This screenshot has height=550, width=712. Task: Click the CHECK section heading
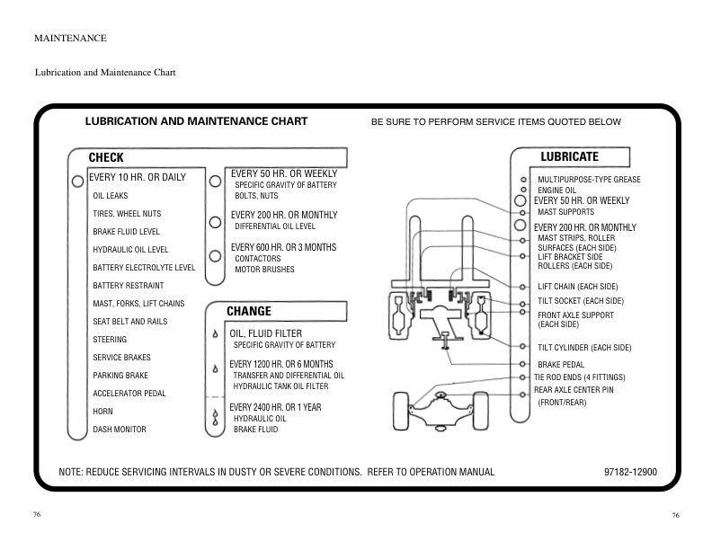click(106, 158)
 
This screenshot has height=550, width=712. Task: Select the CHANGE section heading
click(249, 312)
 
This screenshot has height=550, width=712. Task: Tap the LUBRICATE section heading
click(569, 157)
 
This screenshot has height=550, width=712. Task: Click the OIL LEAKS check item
click(111, 196)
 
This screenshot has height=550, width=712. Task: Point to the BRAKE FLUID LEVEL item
click(126, 232)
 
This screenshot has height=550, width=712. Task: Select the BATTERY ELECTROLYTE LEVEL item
click(144, 268)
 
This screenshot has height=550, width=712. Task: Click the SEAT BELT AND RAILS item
click(130, 322)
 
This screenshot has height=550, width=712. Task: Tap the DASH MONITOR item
click(120, 430)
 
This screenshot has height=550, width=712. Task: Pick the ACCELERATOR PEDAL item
click(129, 394)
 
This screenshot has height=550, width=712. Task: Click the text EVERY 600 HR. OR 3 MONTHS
click(283, 247)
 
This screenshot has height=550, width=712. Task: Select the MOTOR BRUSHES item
click(264, 270)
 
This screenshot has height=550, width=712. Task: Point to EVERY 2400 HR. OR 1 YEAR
click(276, 407)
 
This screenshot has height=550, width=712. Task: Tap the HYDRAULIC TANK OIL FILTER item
click(280, 386)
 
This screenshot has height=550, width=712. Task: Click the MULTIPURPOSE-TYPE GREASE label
click(589, 180)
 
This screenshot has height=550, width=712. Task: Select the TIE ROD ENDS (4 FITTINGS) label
click(580, 377)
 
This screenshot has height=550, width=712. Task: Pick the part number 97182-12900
click(631, 471)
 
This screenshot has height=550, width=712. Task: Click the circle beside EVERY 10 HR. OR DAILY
click(78, 181)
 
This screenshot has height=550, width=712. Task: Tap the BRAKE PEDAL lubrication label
click(562, 364)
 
